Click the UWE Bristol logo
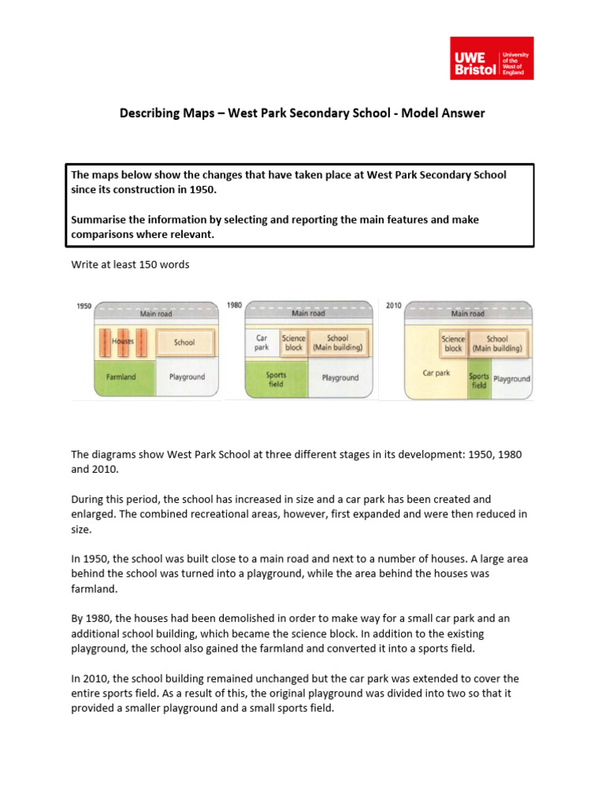pos(491,58)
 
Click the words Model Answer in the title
pos(443,113)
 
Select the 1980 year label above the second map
pos(234,304)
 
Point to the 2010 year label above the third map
pos(393,304)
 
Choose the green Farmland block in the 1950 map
pos(121,377)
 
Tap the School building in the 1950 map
pos(184,342)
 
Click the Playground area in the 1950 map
pos(187,377)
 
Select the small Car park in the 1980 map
pos(262,343)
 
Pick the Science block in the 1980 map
pos(293,343)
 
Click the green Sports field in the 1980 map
pos(276,379)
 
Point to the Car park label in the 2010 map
pos(436,373)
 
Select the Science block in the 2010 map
pos(453,344)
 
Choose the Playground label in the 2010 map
pos(512,378)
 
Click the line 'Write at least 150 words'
pos(130,265)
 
